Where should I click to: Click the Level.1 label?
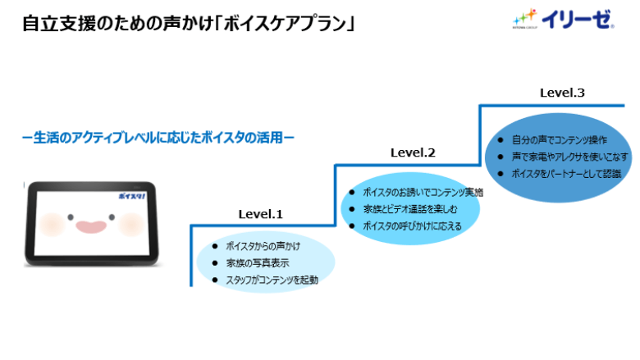click(x=260, y=214)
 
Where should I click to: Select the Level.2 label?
click(x=413, y=153)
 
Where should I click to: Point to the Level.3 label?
click(x=562, y=93)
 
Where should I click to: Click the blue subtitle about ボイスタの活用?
click(x=158, y=138)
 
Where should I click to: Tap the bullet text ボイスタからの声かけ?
click(x=263, y=245)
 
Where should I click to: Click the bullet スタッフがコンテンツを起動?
click(x=272, y=280)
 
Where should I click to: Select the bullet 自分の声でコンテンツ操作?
click(x=559, y=139)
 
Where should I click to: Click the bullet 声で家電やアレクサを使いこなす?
click(x=569, y=156)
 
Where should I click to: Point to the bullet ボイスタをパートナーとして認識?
click(x=566, y=173)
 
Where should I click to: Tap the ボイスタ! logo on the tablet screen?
click(x=131, y=197)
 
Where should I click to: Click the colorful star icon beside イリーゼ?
click(x=523, y=16)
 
